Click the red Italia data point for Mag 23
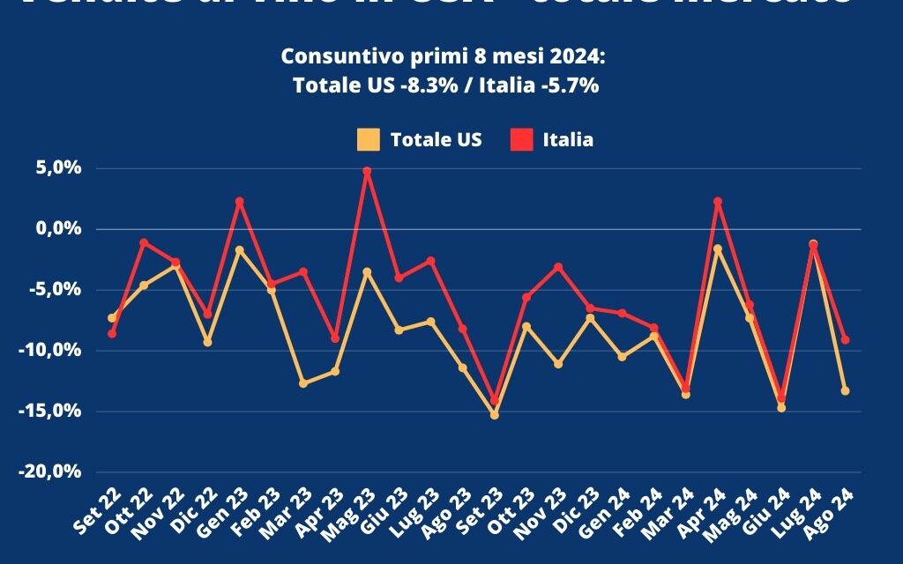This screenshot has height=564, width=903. click(x=367, y=171)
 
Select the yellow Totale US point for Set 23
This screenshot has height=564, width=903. click(x=495, y=414)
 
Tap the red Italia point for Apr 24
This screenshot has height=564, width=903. click(x=718, y=202)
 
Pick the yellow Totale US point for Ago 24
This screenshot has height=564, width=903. click(x=845, y=390)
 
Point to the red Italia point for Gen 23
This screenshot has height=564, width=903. click(x=239, y=202)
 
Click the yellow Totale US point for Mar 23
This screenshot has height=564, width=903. click(x=303, y=383)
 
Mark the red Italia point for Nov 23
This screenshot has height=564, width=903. click(x=558, y=267)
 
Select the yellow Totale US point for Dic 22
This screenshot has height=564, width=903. click(x=207, y=341)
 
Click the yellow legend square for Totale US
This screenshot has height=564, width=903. click(x=369, y=139)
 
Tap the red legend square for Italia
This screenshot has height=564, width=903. click(x=522, y=139)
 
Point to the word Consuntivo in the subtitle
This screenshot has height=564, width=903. click(x=332, y=56)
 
